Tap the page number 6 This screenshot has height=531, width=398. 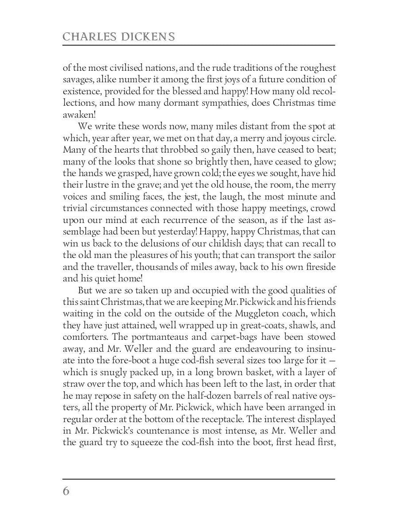(x=66, y=491)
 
